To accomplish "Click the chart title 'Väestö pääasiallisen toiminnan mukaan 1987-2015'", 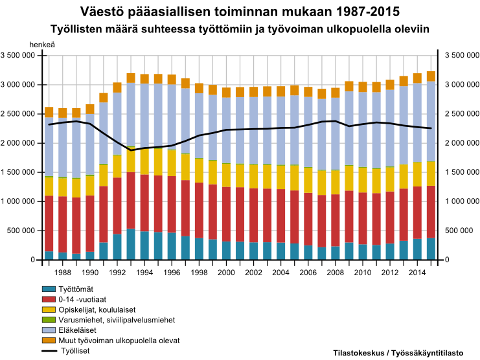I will (240, 12).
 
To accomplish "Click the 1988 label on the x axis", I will (63, 274).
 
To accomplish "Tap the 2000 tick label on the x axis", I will (226, 274).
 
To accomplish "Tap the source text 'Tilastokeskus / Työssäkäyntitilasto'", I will (398, 353).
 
